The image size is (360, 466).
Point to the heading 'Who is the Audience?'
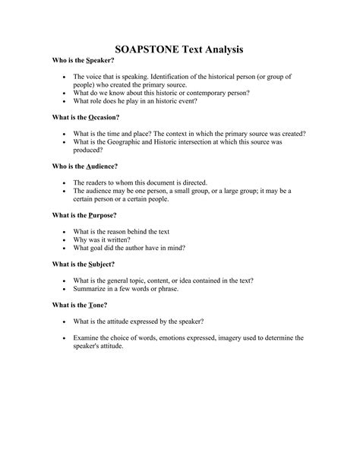point(85,166)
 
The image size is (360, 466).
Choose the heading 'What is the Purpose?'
point(84,215)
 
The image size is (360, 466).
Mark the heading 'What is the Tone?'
point(78,304)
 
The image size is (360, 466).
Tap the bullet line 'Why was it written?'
point(105,239)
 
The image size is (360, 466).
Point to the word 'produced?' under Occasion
point(91,151)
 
